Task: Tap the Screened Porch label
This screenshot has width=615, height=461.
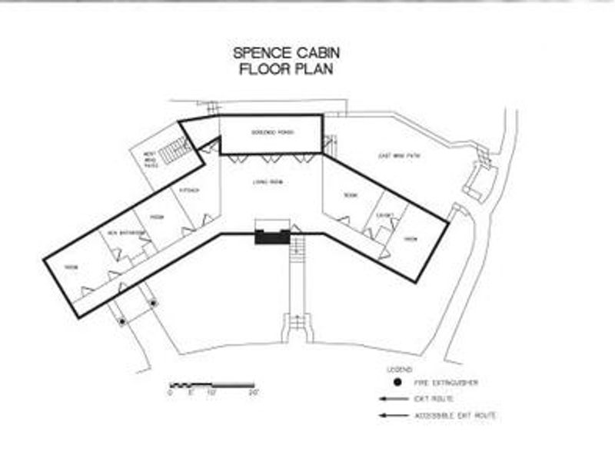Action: point(271,131)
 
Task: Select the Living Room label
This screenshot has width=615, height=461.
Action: point(265,182)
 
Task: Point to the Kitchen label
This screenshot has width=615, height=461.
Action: point(188,190)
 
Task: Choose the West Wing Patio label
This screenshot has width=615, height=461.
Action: point(151,159)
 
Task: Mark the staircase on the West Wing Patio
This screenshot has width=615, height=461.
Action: point(177,151)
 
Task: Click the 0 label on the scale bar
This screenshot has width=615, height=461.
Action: point(170,393)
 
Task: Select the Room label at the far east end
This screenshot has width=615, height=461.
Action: point(411,239)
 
